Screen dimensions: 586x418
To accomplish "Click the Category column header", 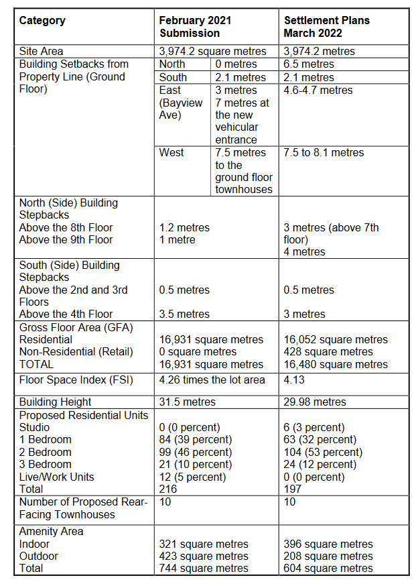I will coord(42,21).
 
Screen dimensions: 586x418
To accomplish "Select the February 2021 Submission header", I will coord(195,27).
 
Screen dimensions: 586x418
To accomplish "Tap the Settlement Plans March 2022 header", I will coord(326,27).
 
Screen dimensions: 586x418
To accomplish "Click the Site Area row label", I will coord(42,52).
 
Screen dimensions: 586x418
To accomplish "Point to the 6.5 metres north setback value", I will coord(309,64).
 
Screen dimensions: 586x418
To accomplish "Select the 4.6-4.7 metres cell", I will coord(318,90).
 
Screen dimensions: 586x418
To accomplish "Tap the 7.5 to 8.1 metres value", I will coord(324,153).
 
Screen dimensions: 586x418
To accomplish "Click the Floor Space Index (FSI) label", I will coord(76,380).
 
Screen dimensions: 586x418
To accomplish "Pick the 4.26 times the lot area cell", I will coord(212,380).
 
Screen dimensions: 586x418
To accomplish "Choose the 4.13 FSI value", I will coord(295,380).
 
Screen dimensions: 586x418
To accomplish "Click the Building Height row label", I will coord(56,402).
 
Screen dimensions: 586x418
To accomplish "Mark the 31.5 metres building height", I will coord(188,402).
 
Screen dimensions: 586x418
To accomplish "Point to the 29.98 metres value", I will coord(315,402).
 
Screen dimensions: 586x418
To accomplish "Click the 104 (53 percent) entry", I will coord(323,453).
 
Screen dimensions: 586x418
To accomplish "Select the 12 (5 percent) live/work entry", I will coord(192,477).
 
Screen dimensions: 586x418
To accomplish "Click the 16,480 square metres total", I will coord(336,365).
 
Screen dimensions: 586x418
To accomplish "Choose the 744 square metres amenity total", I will coord(204,569).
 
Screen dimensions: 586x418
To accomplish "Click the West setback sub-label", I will coord(172,153).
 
